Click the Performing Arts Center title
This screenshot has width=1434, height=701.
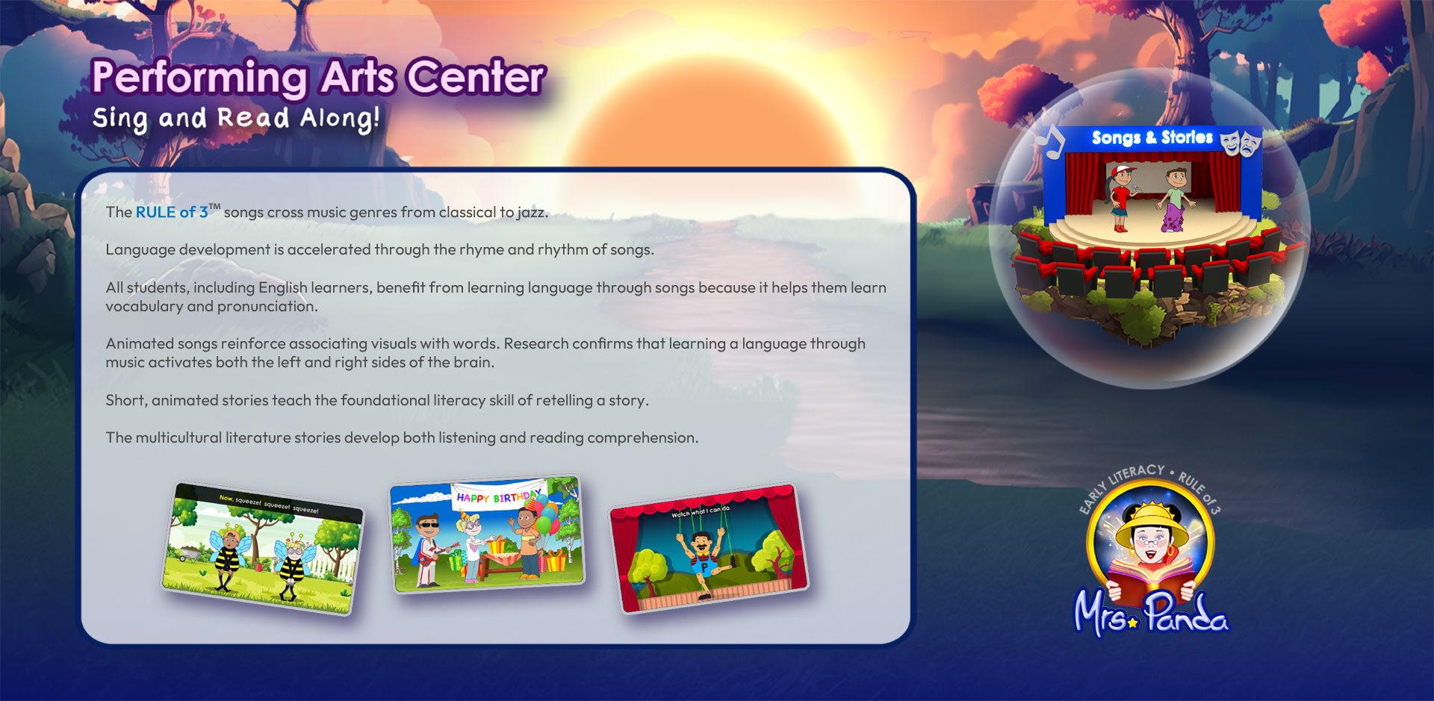coord(319,78)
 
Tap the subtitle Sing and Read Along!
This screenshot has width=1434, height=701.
coord(236,119)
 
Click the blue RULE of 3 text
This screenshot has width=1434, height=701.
coord(172,212)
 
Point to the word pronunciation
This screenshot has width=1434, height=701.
coord(267,306)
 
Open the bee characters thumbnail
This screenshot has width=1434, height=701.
coord(262,548)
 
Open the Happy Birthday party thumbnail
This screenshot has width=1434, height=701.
coord(487,534)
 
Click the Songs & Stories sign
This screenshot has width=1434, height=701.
coord(1152,137)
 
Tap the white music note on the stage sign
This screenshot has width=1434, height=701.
coord(1053,141)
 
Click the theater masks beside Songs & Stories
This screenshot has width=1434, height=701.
coord(1240,141)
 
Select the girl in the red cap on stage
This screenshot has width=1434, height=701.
coord(1121,198)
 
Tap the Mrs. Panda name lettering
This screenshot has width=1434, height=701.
coord(1150,614)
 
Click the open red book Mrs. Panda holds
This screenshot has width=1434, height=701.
coord(1150,583)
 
